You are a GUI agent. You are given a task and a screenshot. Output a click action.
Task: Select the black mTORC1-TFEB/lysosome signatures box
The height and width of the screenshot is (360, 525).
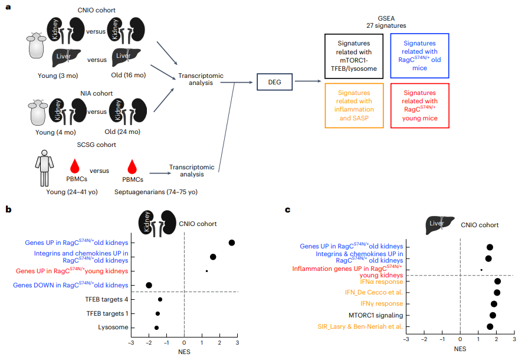[354, 57]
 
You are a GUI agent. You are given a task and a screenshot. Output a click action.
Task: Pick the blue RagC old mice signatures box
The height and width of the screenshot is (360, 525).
[419, 57]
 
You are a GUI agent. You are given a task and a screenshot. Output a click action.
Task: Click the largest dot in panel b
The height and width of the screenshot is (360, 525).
[232, 243]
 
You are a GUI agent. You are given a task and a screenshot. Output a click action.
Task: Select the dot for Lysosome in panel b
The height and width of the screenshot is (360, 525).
[156, 328]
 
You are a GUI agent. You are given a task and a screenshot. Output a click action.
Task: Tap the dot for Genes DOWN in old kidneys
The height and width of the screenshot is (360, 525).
[149, 285]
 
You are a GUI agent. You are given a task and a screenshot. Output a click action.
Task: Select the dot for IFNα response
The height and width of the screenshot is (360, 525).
[497, 282]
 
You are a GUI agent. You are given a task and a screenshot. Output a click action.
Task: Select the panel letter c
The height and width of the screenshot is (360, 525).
[287, 210]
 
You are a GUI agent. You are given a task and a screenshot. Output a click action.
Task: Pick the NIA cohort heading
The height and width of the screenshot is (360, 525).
[93, 93]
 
